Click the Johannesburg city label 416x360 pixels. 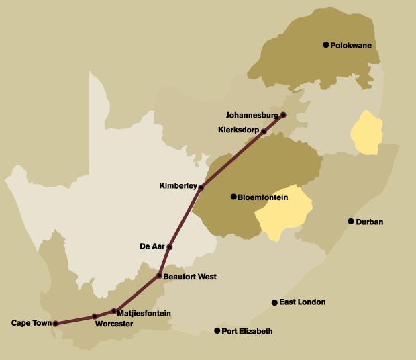(250, 115)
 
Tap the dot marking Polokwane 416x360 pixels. (326, 45)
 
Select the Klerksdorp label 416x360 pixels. (238, 130)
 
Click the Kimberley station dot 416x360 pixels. (201, 187)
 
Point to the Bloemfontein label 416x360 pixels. (264, 197)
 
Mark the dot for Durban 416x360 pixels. (350, 222)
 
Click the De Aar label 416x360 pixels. (152, 246)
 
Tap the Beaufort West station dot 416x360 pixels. (160, 276)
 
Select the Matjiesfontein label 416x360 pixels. (144, 313)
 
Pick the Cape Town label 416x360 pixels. (32, 324)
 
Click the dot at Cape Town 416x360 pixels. (55, 324)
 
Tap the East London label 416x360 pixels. (303, 303)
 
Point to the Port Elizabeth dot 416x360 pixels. (217, 331)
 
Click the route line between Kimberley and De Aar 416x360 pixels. (185, 217)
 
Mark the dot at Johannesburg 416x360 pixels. (283, 115)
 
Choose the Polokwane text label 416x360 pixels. (351, 46)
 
